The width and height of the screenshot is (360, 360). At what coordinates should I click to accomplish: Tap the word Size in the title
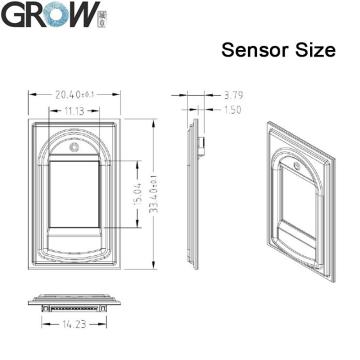(x=313, y=50)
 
